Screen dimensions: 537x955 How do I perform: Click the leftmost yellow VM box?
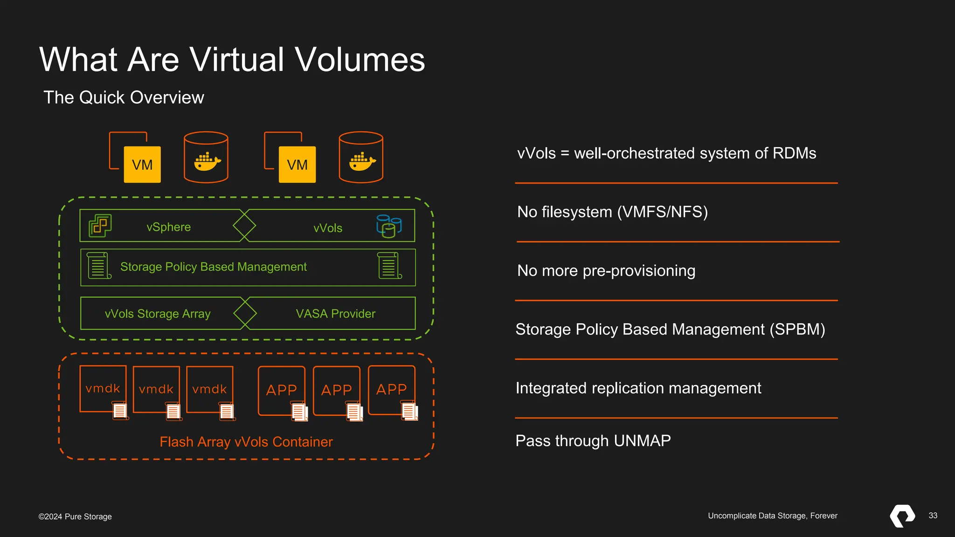142,165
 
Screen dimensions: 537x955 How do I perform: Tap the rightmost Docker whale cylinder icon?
361,158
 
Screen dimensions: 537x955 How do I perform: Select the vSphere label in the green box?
168,227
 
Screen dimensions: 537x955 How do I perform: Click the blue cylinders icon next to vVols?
389,226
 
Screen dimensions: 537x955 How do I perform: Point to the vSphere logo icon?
100,226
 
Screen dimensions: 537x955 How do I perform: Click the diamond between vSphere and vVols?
244,226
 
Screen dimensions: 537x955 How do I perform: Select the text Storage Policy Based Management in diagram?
213,267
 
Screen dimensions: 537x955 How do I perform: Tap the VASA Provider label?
335,314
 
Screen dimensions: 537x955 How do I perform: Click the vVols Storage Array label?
158,314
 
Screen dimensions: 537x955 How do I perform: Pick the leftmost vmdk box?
103,388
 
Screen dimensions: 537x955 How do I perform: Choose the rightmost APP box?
391,389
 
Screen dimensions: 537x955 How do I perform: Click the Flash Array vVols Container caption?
246,441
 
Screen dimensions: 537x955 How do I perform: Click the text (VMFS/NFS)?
662,212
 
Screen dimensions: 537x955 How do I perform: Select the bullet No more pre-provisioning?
606,271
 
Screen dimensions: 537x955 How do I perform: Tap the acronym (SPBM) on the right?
797,330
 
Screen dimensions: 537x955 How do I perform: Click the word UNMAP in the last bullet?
642,441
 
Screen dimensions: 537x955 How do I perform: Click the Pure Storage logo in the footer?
902,516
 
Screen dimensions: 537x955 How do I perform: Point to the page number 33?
933,516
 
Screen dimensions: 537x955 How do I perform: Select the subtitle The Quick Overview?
124,97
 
